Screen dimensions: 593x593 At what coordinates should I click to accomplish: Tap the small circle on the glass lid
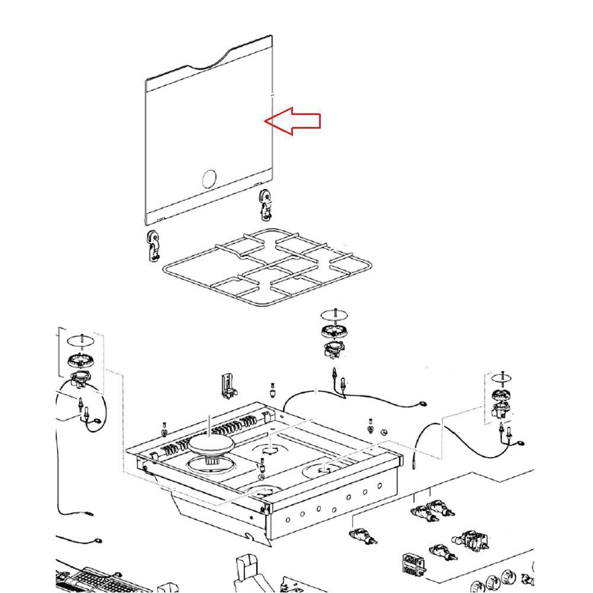point(209,178)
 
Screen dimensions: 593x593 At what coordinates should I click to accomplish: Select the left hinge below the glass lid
point(154,246)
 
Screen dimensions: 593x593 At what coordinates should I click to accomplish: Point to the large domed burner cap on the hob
point(212,444)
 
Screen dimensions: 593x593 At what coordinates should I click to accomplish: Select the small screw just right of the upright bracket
point(272,391)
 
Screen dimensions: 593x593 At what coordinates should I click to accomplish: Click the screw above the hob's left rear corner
point(164,428)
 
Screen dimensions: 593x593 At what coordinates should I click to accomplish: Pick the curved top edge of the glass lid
point(219,59)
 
